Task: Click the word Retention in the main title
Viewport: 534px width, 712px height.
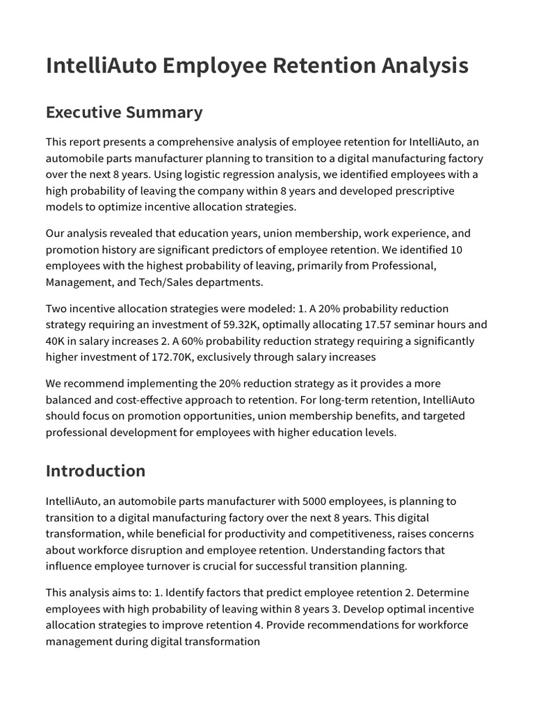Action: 322,65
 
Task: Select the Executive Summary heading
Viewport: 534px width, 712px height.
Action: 124,112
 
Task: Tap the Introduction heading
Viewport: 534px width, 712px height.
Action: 95,471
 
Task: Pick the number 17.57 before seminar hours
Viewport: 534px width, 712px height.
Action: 379,325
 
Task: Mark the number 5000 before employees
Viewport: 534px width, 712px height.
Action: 316,501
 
